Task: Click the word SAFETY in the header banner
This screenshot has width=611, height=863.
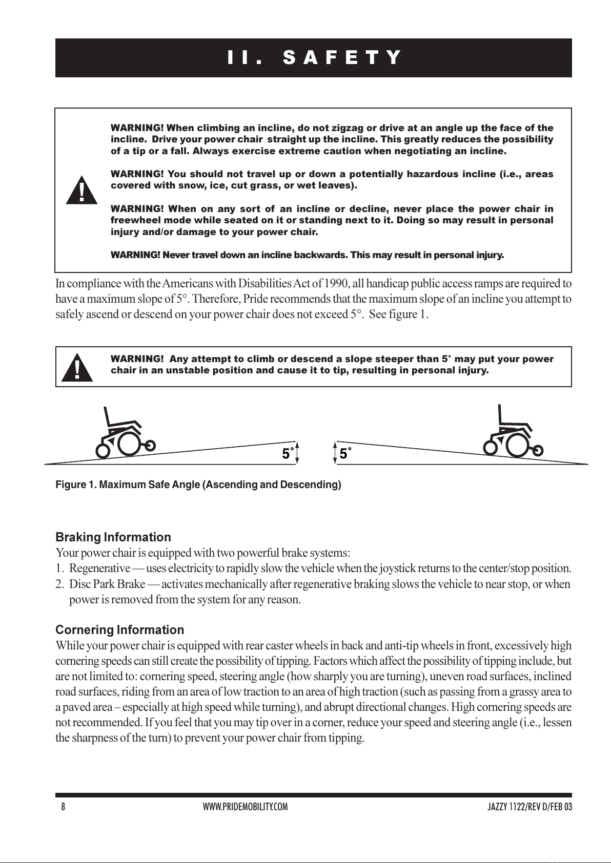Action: click(342, 58)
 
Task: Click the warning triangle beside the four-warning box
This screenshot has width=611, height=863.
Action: click(82, 191)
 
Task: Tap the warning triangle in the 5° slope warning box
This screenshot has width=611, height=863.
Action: click(77, 368)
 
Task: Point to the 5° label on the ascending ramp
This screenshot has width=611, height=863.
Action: click(288, 454)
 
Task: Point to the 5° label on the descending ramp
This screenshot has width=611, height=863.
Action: click(345, 454)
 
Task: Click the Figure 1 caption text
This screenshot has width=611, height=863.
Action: click(198, 485)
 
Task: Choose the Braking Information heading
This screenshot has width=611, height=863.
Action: click(113, 537)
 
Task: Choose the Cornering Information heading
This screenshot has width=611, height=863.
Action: click(119, 630)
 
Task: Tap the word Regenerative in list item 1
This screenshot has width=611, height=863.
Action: click(99, 569)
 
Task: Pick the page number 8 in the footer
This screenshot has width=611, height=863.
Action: click(63, 807)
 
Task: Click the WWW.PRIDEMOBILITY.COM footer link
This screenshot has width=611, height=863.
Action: click(245, 807)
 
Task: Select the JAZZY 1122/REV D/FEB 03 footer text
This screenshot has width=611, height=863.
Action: click(529, 807)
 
